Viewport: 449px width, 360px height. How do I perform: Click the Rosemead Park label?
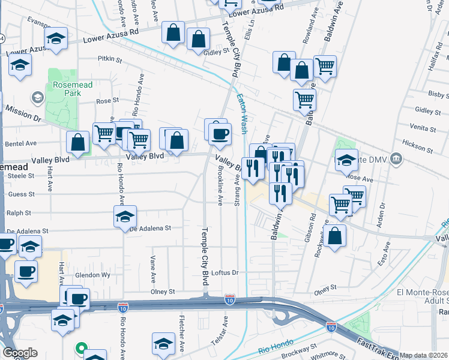tap(72, 89)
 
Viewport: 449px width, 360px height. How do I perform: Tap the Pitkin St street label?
tap(110, 60)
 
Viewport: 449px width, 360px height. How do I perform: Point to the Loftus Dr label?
tap(225, 272)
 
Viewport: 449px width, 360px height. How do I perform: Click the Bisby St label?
tap(435, 94)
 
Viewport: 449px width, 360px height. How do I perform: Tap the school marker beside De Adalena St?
tap(125, 217)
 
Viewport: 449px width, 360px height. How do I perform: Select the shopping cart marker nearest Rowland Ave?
tap(325, 67)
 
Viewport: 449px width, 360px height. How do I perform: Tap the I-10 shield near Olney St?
tap(229, 298)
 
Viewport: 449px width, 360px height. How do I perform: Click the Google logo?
tap(20, 353)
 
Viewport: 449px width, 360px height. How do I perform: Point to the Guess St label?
tap(22, 194)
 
